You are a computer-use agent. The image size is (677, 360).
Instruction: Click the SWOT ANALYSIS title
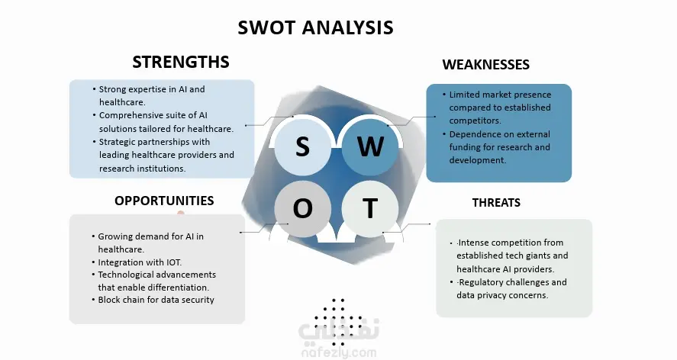point(316,27)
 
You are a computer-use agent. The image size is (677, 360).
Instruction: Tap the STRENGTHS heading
point(181,62)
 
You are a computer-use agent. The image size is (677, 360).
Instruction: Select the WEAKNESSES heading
point(485,65)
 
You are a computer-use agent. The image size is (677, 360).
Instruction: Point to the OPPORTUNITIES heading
point(164,201)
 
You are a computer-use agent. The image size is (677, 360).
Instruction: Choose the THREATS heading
point(496,203)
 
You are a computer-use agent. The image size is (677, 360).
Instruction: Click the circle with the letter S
point(303,146)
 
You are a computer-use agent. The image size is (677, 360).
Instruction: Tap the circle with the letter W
point(370,146)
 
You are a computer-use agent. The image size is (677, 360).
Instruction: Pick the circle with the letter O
point(303,209)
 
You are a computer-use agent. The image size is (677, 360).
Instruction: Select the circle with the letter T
point(370,209)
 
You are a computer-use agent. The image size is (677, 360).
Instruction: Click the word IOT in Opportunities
point(173,262)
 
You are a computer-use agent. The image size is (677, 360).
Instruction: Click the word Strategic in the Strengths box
point(119,143)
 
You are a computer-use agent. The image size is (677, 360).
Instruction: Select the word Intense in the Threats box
point(474,243)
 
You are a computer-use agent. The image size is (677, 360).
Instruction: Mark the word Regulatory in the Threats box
point(481,283)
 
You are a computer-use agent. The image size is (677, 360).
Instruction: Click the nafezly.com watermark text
point(339,353)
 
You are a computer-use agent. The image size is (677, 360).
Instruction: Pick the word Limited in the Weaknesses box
point(465,95)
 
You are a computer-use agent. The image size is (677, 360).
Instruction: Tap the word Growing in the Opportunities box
point(114,237)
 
